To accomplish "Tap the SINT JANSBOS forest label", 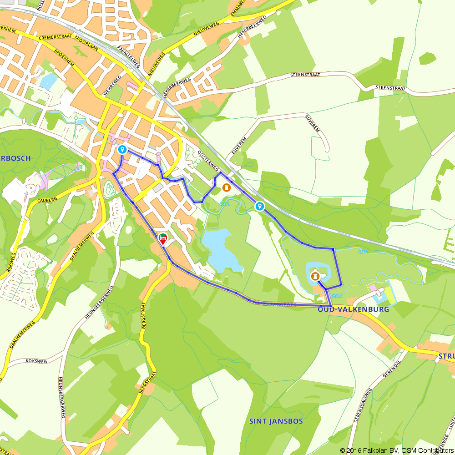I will click(276, 421).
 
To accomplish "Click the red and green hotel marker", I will click(162, 239).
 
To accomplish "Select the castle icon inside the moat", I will click(314, 276).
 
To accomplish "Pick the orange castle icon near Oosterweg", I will click(226, 187).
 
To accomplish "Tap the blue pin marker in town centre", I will click(122, 150).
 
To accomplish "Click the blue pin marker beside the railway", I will click(260, 207).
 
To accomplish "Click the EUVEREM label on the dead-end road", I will click(313, 124).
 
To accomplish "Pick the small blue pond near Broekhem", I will click(48, 80).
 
